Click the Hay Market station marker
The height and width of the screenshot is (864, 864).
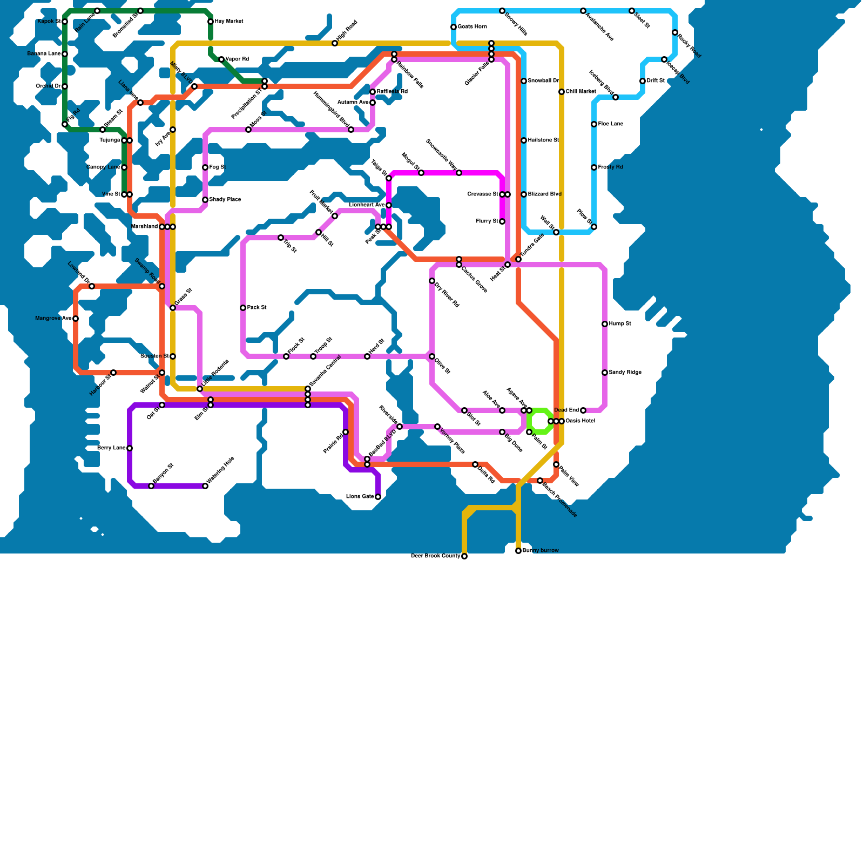211,22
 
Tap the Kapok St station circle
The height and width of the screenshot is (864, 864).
65,22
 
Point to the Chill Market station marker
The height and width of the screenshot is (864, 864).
562,92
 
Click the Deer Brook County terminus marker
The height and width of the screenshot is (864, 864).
464,556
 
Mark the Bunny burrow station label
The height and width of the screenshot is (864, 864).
541,551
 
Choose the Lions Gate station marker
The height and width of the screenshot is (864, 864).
378,497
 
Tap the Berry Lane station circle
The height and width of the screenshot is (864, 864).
130,448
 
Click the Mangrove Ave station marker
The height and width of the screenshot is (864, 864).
76,319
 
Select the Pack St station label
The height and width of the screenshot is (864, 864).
257,308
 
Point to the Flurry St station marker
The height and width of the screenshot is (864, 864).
502,221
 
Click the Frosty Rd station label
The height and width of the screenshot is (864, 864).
611,167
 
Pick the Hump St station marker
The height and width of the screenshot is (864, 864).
605,324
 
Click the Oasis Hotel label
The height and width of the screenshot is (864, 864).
580,421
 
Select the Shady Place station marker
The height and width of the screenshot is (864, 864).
205,200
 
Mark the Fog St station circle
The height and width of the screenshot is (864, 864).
205,167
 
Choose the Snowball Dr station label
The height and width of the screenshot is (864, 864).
543,81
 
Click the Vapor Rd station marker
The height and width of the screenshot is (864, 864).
221,59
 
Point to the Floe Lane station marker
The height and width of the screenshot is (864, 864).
594,124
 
